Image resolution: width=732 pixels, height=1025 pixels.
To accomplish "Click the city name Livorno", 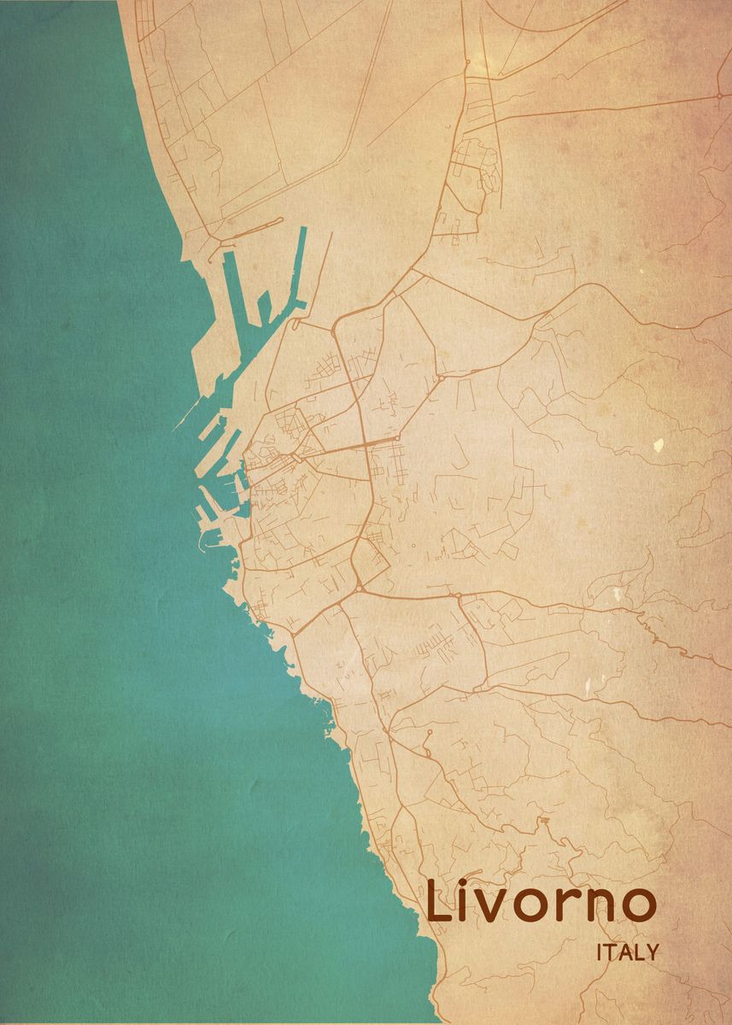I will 542,904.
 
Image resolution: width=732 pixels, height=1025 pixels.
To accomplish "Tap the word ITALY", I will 628,952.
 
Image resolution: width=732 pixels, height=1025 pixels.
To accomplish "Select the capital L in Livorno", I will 441,902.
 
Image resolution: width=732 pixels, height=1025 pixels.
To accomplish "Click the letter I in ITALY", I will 600,952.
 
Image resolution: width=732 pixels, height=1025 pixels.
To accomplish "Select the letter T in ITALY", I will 610,952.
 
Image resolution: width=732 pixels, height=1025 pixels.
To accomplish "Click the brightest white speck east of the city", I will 658,444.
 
